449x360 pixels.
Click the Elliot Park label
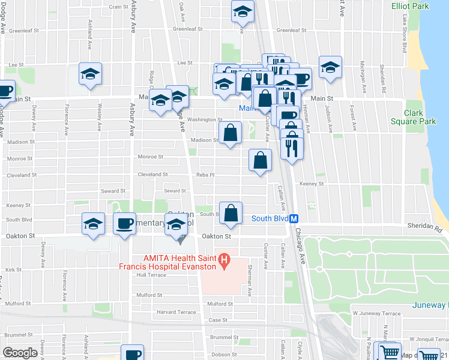(410, 6)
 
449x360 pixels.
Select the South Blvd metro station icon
(294, 219)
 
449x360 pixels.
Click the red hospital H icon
(223, 261)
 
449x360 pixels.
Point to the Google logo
(20, 353)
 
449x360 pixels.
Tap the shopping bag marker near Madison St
(230, 133)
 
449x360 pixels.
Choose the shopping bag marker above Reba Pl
(260, 160)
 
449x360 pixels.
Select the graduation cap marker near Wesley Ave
(91, 74)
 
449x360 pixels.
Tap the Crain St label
(116, 7)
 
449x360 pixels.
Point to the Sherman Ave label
(250, 284)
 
